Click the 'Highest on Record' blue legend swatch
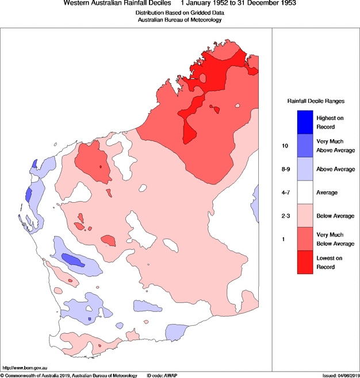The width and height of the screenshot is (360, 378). (x=305, y=122)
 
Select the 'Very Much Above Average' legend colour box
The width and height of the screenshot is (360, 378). (x=305, y=145)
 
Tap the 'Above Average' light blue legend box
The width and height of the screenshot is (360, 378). (x=305, y=169)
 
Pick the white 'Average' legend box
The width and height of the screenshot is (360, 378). (x=305, y=192)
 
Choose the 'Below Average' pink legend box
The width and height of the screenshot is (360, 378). (x=305, y=215)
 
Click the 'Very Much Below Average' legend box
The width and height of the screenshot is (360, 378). (x=305, y=239)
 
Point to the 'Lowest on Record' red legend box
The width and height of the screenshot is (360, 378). (x=305, y=263)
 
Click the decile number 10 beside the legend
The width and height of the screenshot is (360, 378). (x=284, y=145)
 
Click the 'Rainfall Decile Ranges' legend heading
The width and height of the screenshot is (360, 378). (x=316, y=101)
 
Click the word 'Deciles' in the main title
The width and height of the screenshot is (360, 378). (x=152, y=3)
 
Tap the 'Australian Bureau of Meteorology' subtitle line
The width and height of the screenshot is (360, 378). (x=179, y=20)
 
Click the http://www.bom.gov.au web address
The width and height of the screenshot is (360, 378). (x=26, y=367)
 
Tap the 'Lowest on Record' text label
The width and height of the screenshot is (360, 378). (x=330, y=263)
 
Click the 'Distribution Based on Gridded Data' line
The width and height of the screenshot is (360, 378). (x=179, y=13)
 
